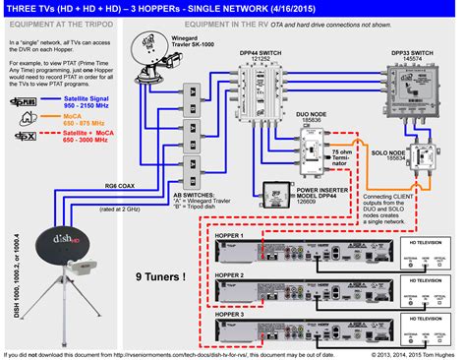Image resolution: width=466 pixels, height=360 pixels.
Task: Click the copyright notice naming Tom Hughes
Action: pos(402,354)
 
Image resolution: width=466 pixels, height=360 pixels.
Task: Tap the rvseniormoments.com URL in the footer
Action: pos(197,354)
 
